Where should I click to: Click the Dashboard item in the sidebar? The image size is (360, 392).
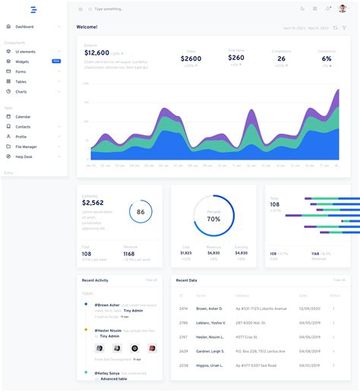coord(24,27)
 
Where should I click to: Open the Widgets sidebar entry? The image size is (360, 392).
coord(22,62)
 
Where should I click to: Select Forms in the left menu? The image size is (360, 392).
coord(21,71)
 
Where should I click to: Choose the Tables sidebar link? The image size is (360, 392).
coord(21,81)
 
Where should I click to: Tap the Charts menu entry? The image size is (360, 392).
coord(21,91)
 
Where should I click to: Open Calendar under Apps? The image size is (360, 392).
coord(23,116)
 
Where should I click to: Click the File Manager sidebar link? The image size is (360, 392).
coord(26,147)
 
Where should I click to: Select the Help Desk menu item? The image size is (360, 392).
coord(24,156)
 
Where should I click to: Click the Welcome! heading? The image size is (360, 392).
coord(87,27)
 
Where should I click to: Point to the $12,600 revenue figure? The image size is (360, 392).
coord(96,52)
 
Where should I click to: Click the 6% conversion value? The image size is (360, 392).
coord(326,58)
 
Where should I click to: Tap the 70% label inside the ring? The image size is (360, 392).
coord(213,219)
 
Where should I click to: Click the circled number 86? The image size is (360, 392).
coord(141,212)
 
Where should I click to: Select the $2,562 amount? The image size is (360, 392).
coord(93,203)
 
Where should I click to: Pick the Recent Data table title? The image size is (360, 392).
coord(187,280)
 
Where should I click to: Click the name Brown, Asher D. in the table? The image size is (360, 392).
coord(209,308)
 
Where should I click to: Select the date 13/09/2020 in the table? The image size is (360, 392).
coord(311,308)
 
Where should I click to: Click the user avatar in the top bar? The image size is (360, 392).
coord(342,8)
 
